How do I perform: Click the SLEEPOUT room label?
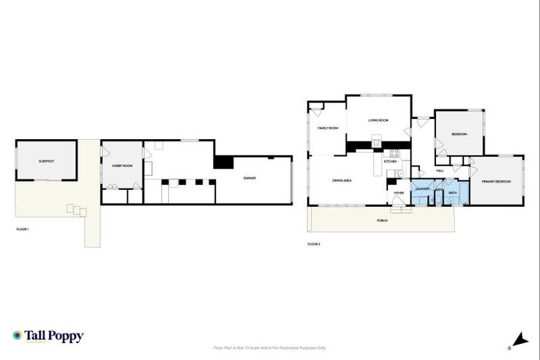tap(46, 161)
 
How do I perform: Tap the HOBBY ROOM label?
tap(122, 165)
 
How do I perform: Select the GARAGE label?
tap(250, 178)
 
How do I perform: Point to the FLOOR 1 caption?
tap(22, 229)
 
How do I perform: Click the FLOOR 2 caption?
tap(314, 243)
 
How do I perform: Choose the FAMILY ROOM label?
tap(328, 128)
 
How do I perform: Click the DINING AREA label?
tap(342, 181)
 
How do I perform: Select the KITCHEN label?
tap(390, 162)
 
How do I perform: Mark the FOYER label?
tap(399, 192)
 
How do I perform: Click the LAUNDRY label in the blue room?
tap(422, 189)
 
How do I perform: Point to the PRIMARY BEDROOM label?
tap(496, 182)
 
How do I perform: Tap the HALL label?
tap(440, 170)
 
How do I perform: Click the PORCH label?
tap(382, 220)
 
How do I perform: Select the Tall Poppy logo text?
tap(53, 336)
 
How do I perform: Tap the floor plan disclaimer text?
tap(269, 347)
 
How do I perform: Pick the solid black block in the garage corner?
tap(224, 162)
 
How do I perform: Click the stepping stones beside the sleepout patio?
tap(75, 210)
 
